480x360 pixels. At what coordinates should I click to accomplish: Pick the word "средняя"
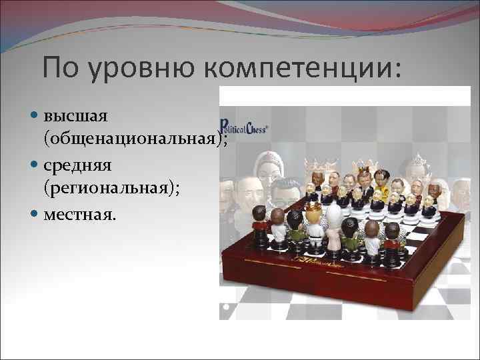77,164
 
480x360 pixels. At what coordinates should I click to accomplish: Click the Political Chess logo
244,129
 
